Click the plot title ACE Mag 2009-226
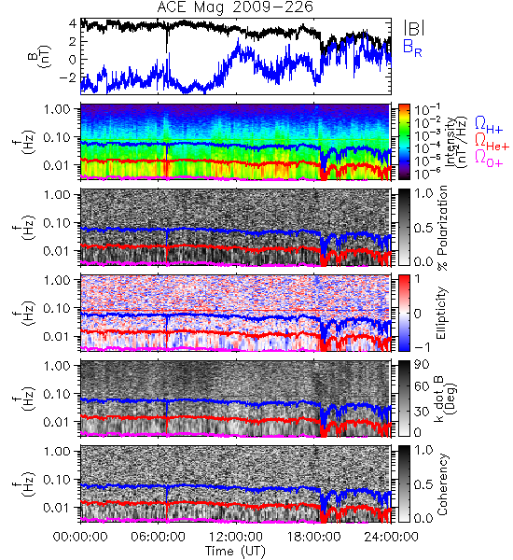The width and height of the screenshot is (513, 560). point(235,7)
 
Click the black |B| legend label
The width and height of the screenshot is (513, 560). point(414,28)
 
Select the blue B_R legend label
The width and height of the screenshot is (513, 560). point(412,48)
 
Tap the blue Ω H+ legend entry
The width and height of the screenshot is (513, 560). point(489,125)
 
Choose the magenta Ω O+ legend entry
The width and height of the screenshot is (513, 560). point(489,159)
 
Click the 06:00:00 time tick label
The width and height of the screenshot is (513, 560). point(159,537)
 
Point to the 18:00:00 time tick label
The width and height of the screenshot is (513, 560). point(313,537)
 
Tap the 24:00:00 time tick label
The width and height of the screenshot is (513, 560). point(391,537)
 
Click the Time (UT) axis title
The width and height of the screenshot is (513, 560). point(236,552)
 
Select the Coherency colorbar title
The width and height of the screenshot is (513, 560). point(442,484)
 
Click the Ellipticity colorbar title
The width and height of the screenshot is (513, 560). point(441,313)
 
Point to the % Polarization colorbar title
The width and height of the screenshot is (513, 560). point(442,228)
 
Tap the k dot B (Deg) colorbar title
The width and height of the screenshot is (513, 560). point(446,399)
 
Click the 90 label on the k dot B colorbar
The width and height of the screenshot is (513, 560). point(422,365)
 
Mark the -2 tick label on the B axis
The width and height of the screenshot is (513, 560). point(67,77)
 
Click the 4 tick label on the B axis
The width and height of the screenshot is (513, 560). point(73,23)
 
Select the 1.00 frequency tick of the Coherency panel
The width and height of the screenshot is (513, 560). point(57,452)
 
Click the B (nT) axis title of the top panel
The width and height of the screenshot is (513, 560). point(40,56)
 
